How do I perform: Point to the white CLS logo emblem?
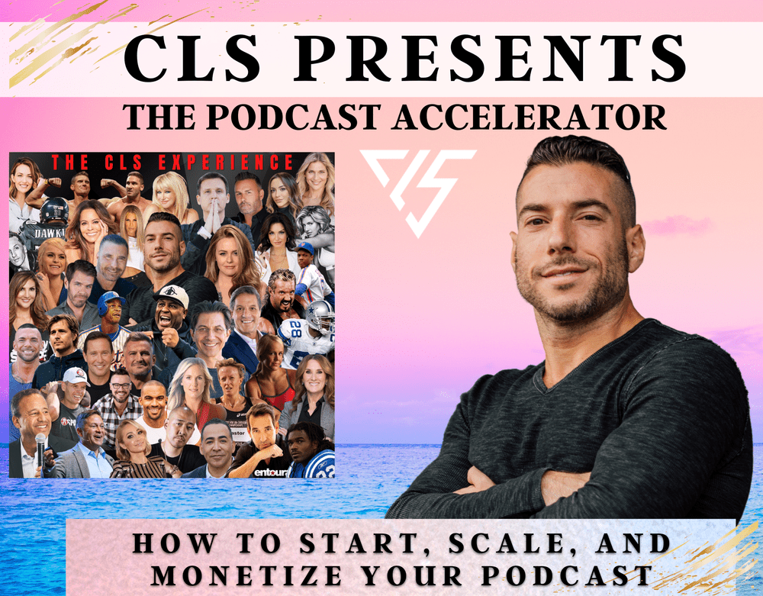418,191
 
